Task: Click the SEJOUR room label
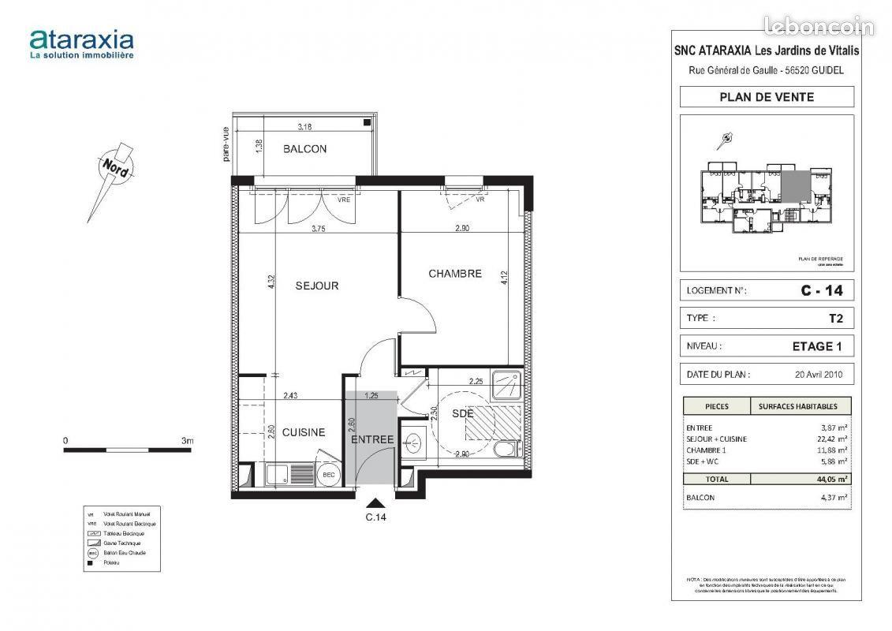(317, 286)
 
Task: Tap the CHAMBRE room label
(454, 274)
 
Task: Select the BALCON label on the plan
(304, 149)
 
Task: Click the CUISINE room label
(304, 432)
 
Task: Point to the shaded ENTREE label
(371, 439)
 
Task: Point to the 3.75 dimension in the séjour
(319, 230)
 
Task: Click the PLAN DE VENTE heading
(766, 97)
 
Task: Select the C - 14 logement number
(821, 290)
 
